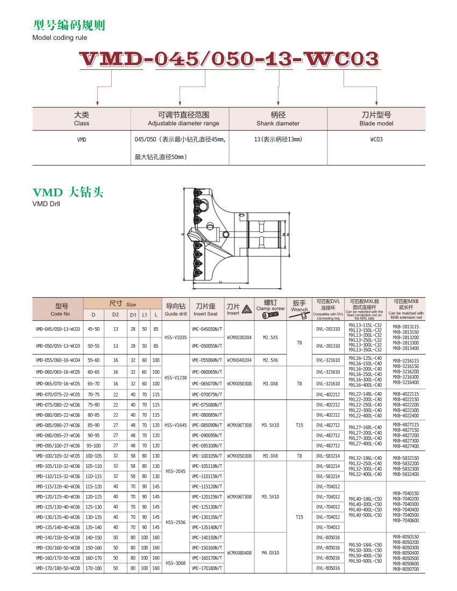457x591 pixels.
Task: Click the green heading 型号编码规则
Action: point(69,25)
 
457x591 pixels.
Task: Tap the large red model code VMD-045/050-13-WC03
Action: point(228,60)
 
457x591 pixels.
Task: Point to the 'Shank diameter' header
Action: point(278,119)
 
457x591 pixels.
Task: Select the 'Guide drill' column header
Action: point(175,309)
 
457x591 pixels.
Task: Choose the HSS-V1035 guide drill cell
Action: point(175,337)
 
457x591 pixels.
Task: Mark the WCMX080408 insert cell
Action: point(239,552)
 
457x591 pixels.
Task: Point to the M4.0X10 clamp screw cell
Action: point(270,552)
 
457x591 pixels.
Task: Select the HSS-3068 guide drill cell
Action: point(175,563)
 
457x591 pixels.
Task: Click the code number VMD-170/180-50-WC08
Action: point(58,568)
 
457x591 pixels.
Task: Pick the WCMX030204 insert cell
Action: point(239,337)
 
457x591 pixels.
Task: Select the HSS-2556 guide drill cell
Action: point(175,522)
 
